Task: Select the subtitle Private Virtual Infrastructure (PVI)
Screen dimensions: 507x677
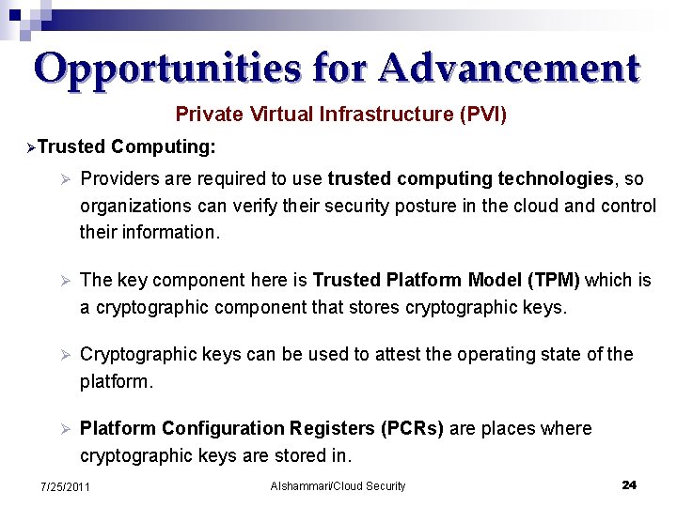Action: tap(340, 115)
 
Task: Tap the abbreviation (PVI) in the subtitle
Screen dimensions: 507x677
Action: tap(482, 115)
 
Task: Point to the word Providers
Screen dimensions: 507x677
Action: tap(119, 178)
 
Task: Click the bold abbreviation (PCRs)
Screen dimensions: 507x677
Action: tap(413, 428)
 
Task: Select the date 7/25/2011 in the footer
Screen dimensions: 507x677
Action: tap(65, 486)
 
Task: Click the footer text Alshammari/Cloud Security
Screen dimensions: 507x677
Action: tap(338, 486)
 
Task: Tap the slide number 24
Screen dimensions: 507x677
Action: tap(629, 484)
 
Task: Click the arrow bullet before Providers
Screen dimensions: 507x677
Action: tap(65, 179)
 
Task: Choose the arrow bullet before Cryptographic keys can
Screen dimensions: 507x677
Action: tap(65, 355)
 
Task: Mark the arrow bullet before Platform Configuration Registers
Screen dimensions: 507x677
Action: tap(65, 429)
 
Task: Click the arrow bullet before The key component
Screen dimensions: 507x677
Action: tap(65, 281)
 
